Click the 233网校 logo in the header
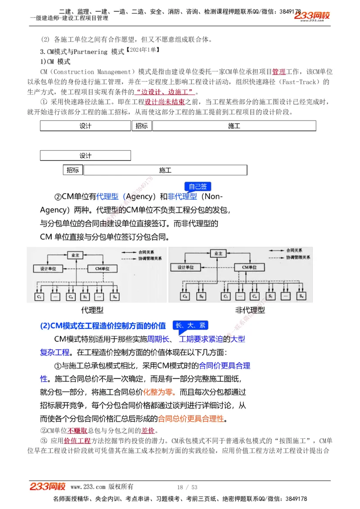pyautogui.click(x=312, y=16)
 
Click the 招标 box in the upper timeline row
pyautogui.click(x=141, y=126)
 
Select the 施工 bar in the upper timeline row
pyautogui.click(x=234, y=126)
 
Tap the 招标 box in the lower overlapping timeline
pyautogui.click(x=73, y=170)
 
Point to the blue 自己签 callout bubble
pyautogui.click(x=198, y=187)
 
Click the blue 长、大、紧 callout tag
pyautogui.click(x=190, y=326)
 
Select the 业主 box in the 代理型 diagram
pyautogui.click(x=76, y=255)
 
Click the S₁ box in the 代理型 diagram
pyautogui.click(x=85, y=297)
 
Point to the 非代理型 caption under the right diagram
pyautogui.click(x=250, y=310)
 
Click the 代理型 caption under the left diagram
pyautogui.click(x=92, y=310)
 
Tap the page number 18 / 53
pyautogui.click(x=187, y=487)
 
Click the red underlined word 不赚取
pyautogui.click(x=77, y=430)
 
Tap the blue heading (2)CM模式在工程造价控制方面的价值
pyautogui.click(x=103, y=326)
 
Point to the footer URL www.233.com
pyautogui.click(x=88, y=487)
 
